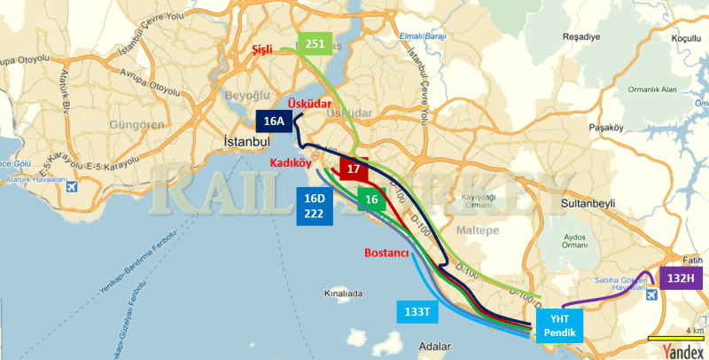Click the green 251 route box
tap(315, 44)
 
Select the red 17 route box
tap(353, 168)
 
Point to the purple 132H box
tap(681, 278)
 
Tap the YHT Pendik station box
tap(560, 325)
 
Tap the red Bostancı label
tap(386, 254)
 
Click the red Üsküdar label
tap(310, 104)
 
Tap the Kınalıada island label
tap(345, 292)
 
